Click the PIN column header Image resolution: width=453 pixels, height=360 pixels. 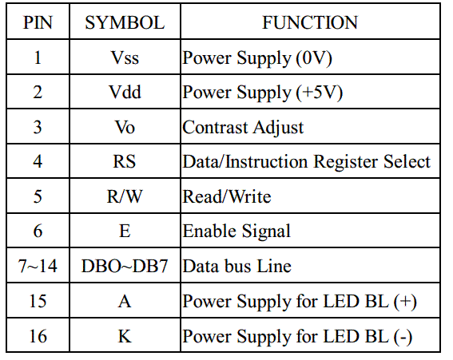coord(38,22)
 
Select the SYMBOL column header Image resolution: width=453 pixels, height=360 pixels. coord(125,22)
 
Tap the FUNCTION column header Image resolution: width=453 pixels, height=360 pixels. coord(310,22)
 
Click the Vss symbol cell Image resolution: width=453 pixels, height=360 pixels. coord(125,57)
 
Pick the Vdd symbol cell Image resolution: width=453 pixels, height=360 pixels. coord(125,92)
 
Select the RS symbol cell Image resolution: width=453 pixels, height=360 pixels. coord(124,161)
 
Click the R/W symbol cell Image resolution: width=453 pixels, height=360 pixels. coord(125,196)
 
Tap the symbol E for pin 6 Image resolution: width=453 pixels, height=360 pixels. coord(125,231)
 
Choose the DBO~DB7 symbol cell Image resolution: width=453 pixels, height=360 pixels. coord(125,266)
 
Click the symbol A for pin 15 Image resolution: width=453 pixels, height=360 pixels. coord(125,302)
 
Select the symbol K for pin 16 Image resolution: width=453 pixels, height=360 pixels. coord(125,336)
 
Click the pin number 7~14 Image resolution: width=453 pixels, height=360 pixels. coord(38,266)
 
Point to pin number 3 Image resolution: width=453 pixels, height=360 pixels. coord(38,127)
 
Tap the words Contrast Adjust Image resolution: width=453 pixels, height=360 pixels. coord(243,128)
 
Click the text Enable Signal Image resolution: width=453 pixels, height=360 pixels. coord(236,231)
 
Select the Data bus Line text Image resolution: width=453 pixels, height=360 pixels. coord(237,266)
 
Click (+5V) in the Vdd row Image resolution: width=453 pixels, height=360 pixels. coord(320,93)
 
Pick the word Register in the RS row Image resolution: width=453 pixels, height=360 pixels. coord(346,162)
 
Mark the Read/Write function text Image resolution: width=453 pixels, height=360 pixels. coord(227,196)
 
